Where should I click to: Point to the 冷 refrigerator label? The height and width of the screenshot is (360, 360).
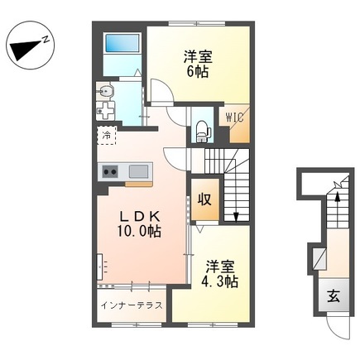click(x=107, y=133)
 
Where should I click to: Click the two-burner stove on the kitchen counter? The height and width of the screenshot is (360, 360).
click(x=110, y=171)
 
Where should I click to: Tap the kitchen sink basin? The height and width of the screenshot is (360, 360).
click(x=137, y=171)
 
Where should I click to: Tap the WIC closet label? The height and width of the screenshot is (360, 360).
click(x=235, y=118)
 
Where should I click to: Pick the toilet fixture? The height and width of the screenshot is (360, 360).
click(x=201, y=128)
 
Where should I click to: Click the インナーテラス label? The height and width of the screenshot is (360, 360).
click(x=132, y=305)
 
